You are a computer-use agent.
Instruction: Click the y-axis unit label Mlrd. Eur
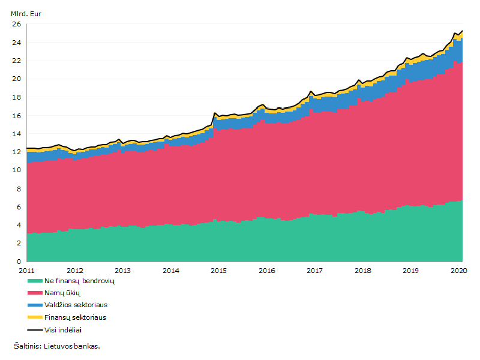[x=26, y=14]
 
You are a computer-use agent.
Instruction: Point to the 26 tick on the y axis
[x=17, y=24]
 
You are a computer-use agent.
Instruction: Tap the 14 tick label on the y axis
[x=17, y=134]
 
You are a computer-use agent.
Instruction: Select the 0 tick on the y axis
[x=19, y=262]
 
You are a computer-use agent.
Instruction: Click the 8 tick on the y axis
[x=19, y=188]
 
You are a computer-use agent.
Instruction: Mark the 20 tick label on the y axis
[x=17, y=79]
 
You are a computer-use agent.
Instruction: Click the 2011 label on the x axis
[x=26, y=271]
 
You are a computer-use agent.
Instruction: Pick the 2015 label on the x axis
[x=218, y=271]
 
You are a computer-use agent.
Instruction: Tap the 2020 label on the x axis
[x=459, y=271]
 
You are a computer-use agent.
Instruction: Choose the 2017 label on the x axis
[x=314, y=271]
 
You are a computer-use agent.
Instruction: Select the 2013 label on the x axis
[x=123, y=271]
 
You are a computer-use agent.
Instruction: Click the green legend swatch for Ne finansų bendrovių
[x=35, y=281]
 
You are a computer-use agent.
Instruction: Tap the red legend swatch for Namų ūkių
[x=35, y=293]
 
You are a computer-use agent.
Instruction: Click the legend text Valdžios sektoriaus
[x=76, y=305]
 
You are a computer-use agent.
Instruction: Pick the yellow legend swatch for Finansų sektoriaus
[x=35, y=317]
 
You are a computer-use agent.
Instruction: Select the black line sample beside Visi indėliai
[x=35, y=330]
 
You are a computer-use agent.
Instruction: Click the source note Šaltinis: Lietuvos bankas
[x=57, y=346]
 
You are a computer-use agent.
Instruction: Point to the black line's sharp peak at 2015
[x=215, y=113]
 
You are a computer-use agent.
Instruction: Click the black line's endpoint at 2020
[x=462, y=31]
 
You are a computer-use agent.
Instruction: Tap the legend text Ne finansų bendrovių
[x=80, y=281]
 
